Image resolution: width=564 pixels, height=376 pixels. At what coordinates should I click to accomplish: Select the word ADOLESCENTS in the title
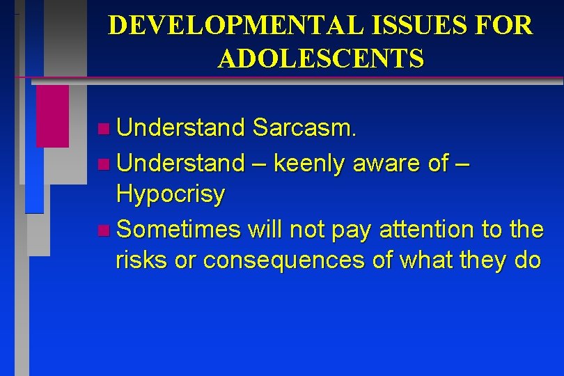[320, 59]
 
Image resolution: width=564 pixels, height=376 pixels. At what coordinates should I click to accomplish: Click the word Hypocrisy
[171, 195]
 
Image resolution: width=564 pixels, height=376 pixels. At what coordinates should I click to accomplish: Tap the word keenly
[310, 163]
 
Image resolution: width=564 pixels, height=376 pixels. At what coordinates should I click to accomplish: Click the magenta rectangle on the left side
[52, 116]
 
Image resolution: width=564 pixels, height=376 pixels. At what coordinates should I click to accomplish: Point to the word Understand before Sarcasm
[181, 127]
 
